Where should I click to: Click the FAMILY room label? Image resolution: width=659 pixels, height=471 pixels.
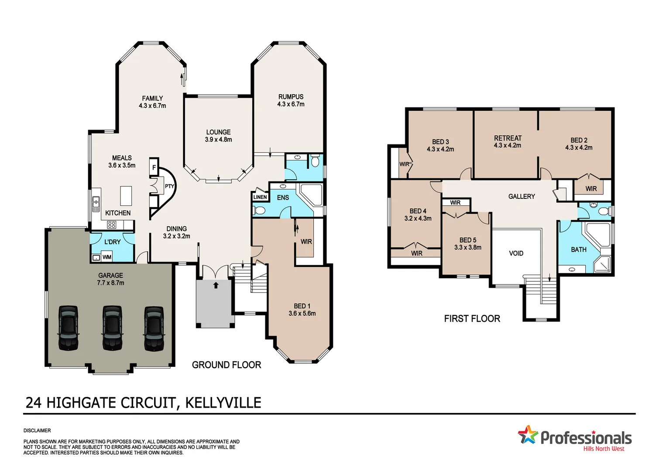[152, 99]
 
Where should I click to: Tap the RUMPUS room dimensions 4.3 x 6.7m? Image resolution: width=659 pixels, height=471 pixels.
[291, 104]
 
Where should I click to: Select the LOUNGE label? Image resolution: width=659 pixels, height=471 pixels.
[218, 132]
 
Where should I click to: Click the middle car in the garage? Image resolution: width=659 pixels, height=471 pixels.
[112, 328]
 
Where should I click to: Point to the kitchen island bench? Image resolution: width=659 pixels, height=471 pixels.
[126, 196]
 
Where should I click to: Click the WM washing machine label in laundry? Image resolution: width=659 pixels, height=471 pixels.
[107, 257]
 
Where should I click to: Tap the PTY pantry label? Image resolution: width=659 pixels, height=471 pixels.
[169, 186]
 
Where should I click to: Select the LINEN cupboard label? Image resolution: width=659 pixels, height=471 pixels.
[260, 197]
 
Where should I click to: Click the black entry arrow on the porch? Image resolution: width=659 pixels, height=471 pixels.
[216, 285]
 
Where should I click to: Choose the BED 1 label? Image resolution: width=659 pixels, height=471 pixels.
[302, 306]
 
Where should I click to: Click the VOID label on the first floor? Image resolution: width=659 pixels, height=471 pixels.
[516, 253]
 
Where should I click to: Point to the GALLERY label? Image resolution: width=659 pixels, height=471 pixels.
[522, 197]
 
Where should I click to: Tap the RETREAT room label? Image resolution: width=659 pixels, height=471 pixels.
[508, 138]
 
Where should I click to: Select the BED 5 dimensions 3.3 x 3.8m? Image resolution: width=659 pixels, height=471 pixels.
[468, 247]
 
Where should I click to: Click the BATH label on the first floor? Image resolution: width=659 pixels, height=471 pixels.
[579, 249]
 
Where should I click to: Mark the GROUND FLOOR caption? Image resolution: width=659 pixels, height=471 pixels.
[227, 365]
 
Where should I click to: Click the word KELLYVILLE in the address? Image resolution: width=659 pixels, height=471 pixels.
[223, 403]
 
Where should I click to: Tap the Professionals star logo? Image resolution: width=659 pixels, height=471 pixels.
[528, 435]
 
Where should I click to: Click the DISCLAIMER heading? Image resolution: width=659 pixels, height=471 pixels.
[37, 430]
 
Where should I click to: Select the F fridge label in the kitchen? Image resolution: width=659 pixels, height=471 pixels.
[154, 167]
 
